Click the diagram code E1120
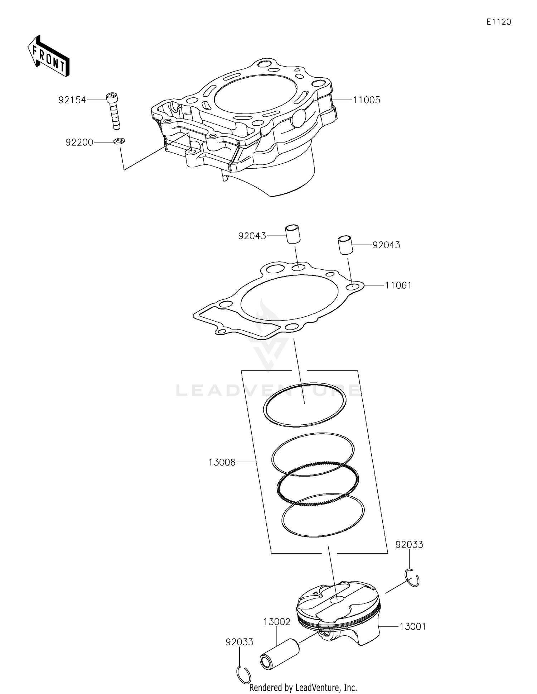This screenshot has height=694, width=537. (x=499, y=22)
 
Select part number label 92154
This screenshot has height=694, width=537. (x=72, y=100)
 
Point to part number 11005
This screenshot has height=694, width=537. (x=366, y=100)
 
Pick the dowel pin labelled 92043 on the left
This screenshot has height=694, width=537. (x=292, y=235)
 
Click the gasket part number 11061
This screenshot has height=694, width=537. (x=398, y=285)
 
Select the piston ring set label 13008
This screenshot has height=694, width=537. (x=222, y=462)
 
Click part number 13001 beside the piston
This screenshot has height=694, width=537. (x=412, y=627)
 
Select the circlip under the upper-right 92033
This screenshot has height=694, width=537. (x=412, y=577)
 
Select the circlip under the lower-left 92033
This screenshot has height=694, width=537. (x=244, y=675)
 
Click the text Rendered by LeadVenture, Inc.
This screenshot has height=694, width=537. (x=303, y=687)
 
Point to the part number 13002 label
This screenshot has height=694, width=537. (x=277, y=622)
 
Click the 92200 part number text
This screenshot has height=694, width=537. (x=79, y=143)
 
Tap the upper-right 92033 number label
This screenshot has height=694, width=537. (x=409, y=545)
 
